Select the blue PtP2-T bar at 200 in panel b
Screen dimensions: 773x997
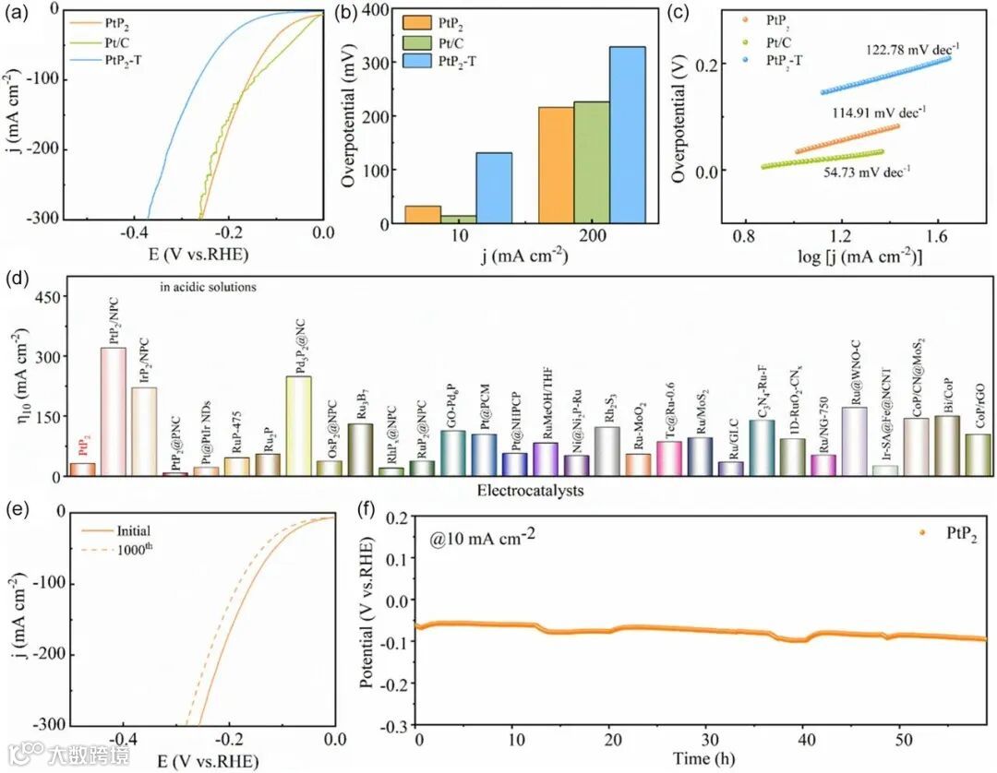(627, 135)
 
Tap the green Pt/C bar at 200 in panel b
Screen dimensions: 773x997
(591, 162)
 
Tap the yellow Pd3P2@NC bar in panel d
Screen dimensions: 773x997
(299, 425)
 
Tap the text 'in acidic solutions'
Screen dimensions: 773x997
(207, 287)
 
